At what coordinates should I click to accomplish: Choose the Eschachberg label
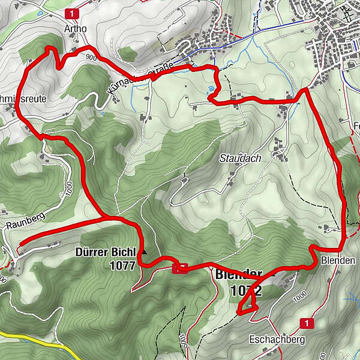click(277, 340)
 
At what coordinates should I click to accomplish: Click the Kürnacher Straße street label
click(143, 77)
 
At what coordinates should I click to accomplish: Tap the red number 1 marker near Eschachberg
click(308, 323)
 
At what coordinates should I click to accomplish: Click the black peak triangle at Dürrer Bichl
click(144, 251)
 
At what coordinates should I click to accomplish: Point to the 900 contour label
click(91, 57)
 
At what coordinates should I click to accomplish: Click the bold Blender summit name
click(238, 275)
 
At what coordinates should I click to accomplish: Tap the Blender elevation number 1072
click(245, 291)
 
